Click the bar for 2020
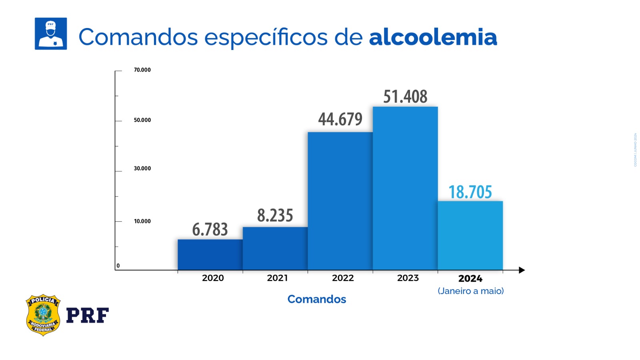tap(210, 255)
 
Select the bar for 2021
tap(275, 248)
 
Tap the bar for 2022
tap(340, 201)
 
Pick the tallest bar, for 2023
tap(405, 188)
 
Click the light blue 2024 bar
tap(470, 236)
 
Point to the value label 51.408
tap(405, 97)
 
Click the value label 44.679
tap(340, 119)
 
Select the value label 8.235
tap(275, 216)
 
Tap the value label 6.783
tap(210, 230)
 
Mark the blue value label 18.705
tap(470, 192)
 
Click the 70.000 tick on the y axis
tap(142, 70)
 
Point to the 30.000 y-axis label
tap(142, 168)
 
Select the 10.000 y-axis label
tap(142, 221)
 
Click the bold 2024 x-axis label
tap(470, 278)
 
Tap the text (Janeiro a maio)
tap(470, 291)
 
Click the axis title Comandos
tap(316, 299)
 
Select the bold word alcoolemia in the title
tap(433, 37)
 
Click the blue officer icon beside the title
tap(51, 34)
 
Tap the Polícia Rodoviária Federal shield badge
tap(43, 315)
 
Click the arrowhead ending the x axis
tap(522, 270)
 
